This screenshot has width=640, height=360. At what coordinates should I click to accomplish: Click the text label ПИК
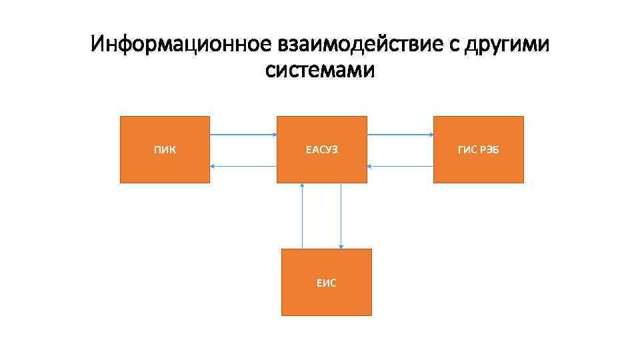pos(165,150)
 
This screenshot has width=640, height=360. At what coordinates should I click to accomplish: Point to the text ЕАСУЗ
pos(322,150)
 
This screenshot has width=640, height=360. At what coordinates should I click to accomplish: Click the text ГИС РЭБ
pos(479,150)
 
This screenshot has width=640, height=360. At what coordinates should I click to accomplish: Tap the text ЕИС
pos(327,283)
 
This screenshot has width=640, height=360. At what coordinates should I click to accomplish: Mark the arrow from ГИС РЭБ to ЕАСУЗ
pos(400,166)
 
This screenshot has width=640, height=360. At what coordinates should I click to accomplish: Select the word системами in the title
pos(320,69)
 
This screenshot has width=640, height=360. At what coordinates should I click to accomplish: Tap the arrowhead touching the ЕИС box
pos(341,246)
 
